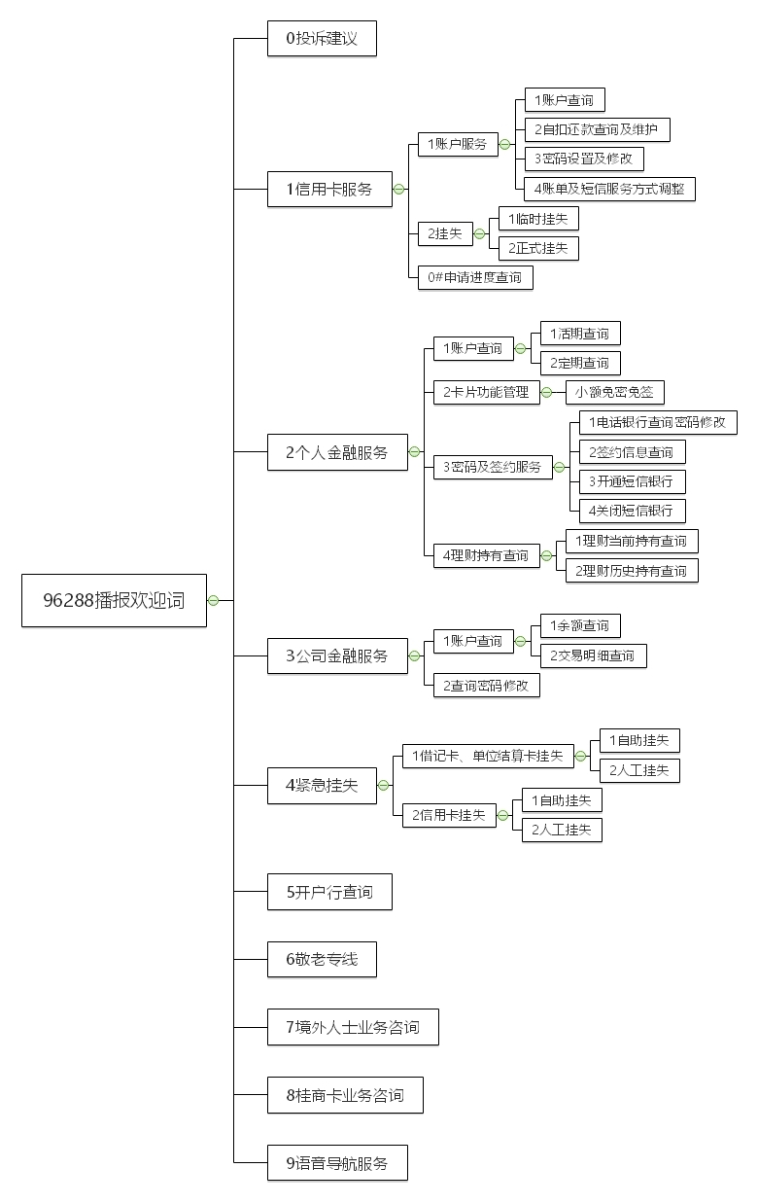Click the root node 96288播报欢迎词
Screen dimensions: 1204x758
[114, 600]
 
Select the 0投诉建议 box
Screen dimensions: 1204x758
[322, 39]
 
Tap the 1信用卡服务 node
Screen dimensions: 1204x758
[329, 189]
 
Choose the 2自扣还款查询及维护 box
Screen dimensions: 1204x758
[597, 129]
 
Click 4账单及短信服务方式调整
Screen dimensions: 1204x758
[609, 189]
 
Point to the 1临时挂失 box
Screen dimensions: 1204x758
[537, 219]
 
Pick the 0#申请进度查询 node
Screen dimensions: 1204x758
[475, 277]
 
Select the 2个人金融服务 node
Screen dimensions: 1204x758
[337, 452]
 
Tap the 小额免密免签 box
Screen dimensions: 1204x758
[615, 393]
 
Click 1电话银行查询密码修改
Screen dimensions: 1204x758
[657, 423]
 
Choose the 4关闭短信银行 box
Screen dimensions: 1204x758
[631, 511]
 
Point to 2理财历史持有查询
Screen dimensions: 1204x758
[632, 571]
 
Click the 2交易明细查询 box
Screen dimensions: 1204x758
[593, 655]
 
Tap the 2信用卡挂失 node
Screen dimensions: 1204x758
[448, 815]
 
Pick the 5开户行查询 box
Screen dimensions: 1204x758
[329, 891]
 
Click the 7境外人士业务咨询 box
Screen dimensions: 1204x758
[353, 1027]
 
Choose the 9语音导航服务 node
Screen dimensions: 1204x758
[337, 1163]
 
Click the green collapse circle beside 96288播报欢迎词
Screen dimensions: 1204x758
[213, 600]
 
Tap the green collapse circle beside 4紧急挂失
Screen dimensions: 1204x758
[384, 786]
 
